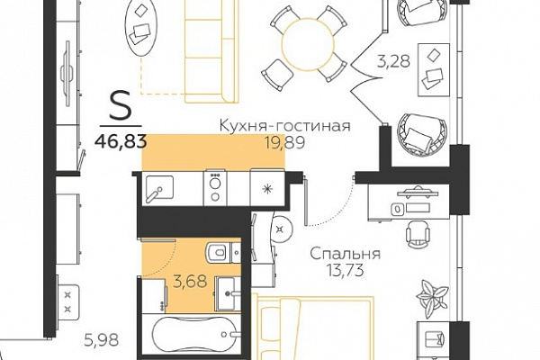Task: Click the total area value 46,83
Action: tap(121, 141)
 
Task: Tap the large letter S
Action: tap(121, 105)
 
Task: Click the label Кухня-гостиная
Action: tap(285, 126)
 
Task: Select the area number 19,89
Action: tap(284, 142)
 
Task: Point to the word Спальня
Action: tap(345, 255)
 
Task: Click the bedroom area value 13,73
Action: tap(346, 271)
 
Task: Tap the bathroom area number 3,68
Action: tap(191, 282)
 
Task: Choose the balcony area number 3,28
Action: tap(393, 61)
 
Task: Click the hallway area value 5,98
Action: tap(101, 340)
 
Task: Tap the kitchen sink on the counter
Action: tap(159, 188)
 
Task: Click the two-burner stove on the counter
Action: tap(215, 188)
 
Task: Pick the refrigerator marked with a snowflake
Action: tap(267, 188)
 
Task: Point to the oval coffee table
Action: tap(142, 27)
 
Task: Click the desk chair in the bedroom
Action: tap(418, 234)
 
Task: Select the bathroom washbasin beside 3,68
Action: tap(228, 293)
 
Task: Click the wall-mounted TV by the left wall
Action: tap(67, 74)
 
